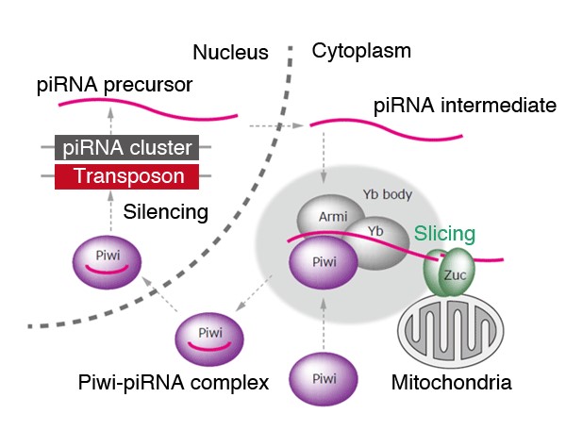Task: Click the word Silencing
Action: point(166,213)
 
